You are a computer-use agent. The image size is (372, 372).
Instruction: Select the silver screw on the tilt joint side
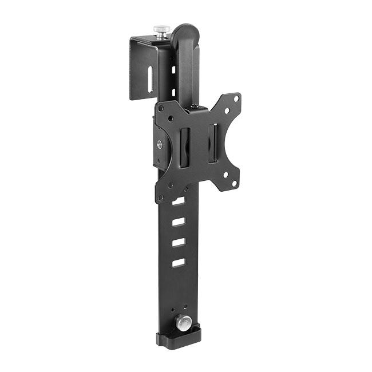tap(158, 144)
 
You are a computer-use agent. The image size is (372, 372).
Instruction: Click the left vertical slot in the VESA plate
tap(185, 148)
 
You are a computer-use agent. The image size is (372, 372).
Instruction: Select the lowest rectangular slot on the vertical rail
tap(179, 262)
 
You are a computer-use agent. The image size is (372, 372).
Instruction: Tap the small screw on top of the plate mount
tap(196, 106)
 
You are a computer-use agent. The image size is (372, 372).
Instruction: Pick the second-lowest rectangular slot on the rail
tap(179, 243)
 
